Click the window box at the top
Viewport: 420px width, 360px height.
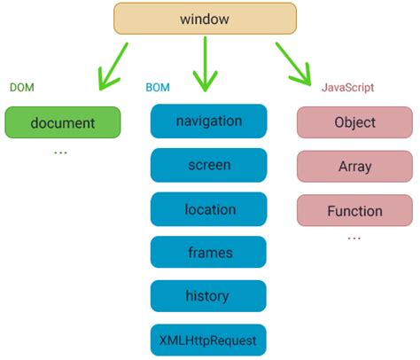[204, 19]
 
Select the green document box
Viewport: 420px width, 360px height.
[62, 122]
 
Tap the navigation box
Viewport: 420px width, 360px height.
[208, 121]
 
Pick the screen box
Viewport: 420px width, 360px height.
[208, 165]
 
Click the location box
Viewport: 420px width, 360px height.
[208, 209]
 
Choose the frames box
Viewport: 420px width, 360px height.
[208, 253]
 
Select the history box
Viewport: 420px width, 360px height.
[208, 296]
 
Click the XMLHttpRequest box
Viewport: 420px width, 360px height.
[208, 340]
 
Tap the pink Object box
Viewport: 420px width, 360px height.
[354, 123]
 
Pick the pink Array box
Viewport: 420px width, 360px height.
[354, 167]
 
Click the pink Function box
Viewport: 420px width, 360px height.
[354, 211]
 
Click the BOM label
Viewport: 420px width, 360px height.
[158, 88]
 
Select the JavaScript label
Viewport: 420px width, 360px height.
[346, 88]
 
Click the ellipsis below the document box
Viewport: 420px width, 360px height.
[60, 153]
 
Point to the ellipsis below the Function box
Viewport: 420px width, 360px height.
[354, 239]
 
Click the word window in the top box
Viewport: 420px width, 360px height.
[204, 19]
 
